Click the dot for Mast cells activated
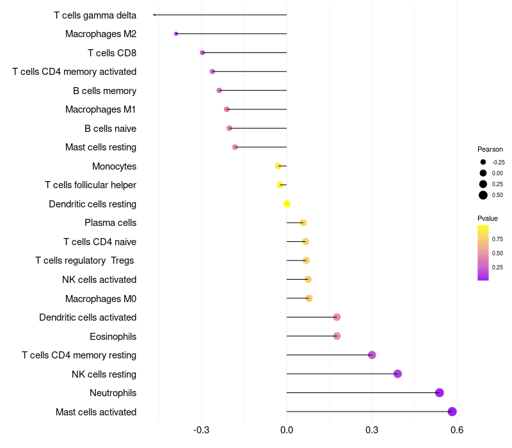(452, 412)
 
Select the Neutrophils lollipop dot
(439, 392)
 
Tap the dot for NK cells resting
(397, 374)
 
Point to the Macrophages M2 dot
(176, 33)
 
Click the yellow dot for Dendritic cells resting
(287, 204)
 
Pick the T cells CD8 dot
(202, 52)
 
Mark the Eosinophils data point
(337, 336)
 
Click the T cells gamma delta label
(95, 15)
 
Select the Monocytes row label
(114, 166)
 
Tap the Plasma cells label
(110, 223)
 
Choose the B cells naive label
(110, 129)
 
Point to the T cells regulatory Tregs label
(86, 260)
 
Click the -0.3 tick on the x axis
(202, 429)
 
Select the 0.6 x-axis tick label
(456, 429)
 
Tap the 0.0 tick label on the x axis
(287, 429)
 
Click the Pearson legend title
(490, 149)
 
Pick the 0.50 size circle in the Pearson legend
(483, 195)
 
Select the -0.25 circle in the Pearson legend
(483, 163)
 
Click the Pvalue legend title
(488, 218)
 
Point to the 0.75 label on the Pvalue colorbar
(497, 239)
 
